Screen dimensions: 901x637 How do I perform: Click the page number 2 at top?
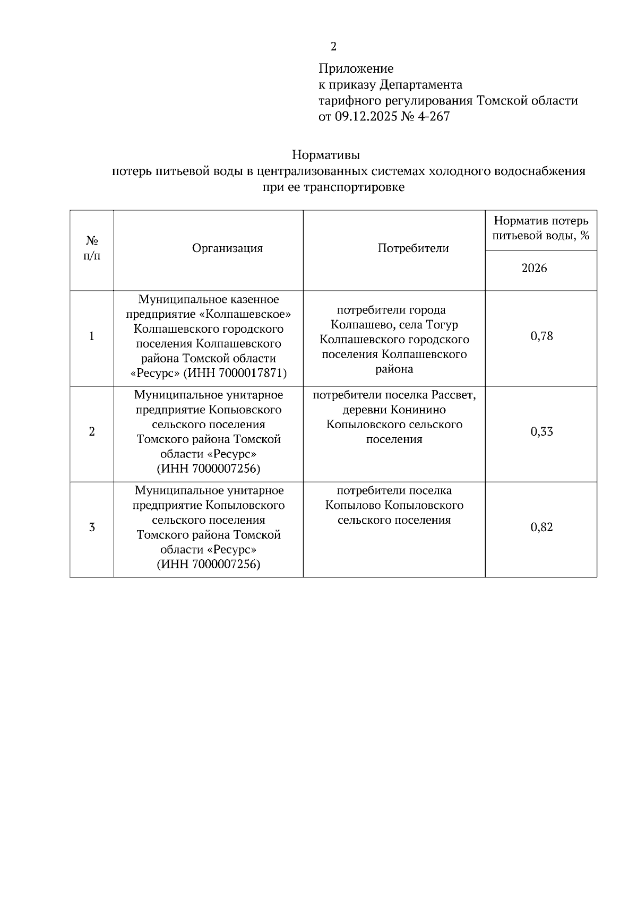333,47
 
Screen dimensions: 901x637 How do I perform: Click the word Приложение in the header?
356,68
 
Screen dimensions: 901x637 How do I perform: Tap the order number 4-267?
434,116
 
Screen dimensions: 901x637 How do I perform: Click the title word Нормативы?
326,155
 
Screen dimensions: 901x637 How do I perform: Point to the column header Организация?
227,248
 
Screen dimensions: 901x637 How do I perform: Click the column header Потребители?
413,248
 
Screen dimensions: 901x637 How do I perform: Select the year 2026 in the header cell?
534,268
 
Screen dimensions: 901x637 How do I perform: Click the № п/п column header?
92,248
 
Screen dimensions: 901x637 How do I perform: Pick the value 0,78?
541,336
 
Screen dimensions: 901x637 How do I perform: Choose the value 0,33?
541,431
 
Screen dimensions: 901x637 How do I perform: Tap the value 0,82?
541,527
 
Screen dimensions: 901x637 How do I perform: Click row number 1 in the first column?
92,336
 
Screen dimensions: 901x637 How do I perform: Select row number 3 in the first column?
92,527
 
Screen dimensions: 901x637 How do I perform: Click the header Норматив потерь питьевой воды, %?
541,228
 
